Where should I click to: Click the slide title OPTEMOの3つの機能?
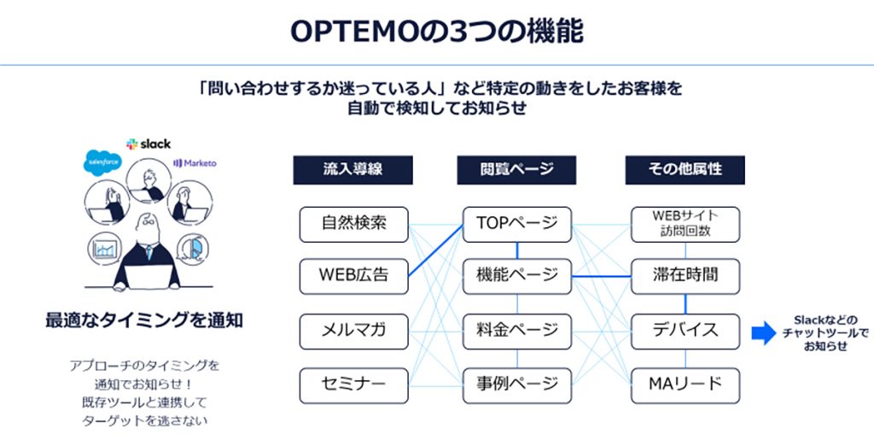point(436,32)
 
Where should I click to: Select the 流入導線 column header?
point(353,169)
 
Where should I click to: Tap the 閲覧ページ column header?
point(516,169)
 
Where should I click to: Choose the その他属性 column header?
point(685,169)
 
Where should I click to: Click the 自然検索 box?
point(353,224)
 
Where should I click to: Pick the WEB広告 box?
point(353,276)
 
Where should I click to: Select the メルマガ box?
point(353,331)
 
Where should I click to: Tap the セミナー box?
point(353,385)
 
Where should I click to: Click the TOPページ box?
point(516,224)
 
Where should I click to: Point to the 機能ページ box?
point(516,276)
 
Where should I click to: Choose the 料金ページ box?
point(516,331)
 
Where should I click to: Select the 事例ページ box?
point(516,385)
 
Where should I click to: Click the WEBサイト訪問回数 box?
point(685,224)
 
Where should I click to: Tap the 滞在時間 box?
point(685,276)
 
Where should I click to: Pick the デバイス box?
point(685,331)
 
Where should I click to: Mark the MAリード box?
point(685,385)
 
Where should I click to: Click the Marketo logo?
point(195,162)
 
